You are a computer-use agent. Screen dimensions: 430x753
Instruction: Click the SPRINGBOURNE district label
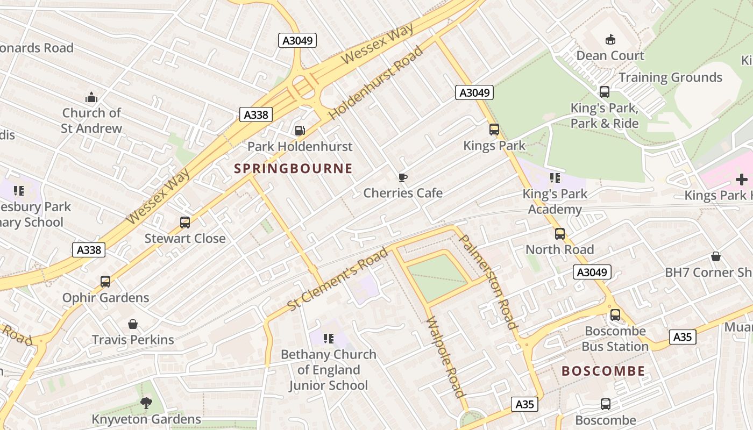pyautogui.click(x=293, y=169)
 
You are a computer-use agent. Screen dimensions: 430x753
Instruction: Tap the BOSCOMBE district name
pyautogui.click(x=603, y=371)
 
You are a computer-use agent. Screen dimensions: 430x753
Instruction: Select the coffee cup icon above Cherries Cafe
pyautogui.click(x=402, y=177)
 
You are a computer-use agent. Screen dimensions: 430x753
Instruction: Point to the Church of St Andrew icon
pyautogui.click(x=91, y=97)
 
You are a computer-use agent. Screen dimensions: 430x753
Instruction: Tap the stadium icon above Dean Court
pyautogui.click(x=610, y=39)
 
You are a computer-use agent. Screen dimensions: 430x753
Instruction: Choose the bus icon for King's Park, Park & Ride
pyautogui.click(x=604, y=92)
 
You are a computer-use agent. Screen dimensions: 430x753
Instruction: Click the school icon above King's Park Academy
pyautogui.click(x=555, y=177)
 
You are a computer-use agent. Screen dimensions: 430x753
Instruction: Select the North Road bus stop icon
pyautogui.click(x=559, y=234)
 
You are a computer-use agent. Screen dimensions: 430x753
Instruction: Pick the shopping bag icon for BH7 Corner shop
pyautogui.click(x=715, y=256)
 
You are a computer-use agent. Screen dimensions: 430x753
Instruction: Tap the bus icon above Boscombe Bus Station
pyautogui.click(x=615, y=315)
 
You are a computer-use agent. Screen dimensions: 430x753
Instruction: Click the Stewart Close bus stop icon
pyautogui.click(x=184, y=222)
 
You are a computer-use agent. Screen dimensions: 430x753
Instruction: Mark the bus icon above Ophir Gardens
pyautogui.click(x=105, y=282)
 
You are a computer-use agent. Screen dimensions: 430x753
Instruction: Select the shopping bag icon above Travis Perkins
pyautogui.click(x=133, y=324)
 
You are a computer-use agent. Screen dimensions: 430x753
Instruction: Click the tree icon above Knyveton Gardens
pyautogui.click(x=146, y=403)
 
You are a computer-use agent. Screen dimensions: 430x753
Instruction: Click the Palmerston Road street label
pyautogui.click(x=488, y=282)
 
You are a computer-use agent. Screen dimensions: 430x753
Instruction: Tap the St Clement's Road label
pyautogui.click(x=337, y=279)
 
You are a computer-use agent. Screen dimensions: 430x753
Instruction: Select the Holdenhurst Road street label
pyautogui.click(x=375, y=83)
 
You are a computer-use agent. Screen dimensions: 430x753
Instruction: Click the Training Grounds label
pyautogui.click(x=670, y=77)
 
